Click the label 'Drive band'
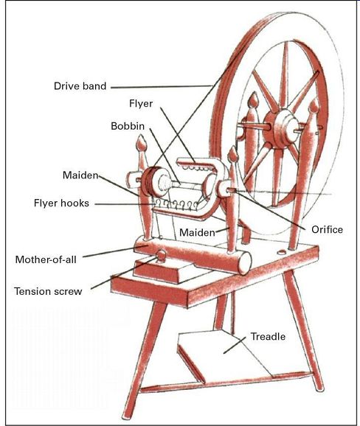pyautogui.click(x=80, y=86)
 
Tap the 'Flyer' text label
pyautogui.click(x=141, y=103)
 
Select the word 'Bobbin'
pyautogui.click(x=128, y=126)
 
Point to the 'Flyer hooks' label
pyautogui.click(x=61, y=203)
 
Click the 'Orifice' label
pyautogui.click(x=327, y=229)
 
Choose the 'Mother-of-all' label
pyautogui.click(x=46, y=259)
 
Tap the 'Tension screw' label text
pyautogui.click(x=48, y=291)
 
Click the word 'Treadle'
pyautogui.click(x=268, y=337)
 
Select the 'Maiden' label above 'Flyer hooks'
pyautogui.click(x=80, y=175)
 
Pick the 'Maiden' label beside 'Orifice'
pyautogui.click(x=197, y=233)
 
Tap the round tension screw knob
pyautogui.click(x=161, y=256)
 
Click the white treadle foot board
pyautogui.click(x=223, y=353)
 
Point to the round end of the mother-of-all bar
pyautogui.click(x=245, y=263)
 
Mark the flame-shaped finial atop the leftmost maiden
pyautogui.click(x=142, y=143)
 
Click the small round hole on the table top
pyautogui.click(x=282, y=252)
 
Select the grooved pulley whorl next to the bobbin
pyautogui.click(x=149, y=181)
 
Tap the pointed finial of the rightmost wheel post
pyautogui.click(x=314, y=105)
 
